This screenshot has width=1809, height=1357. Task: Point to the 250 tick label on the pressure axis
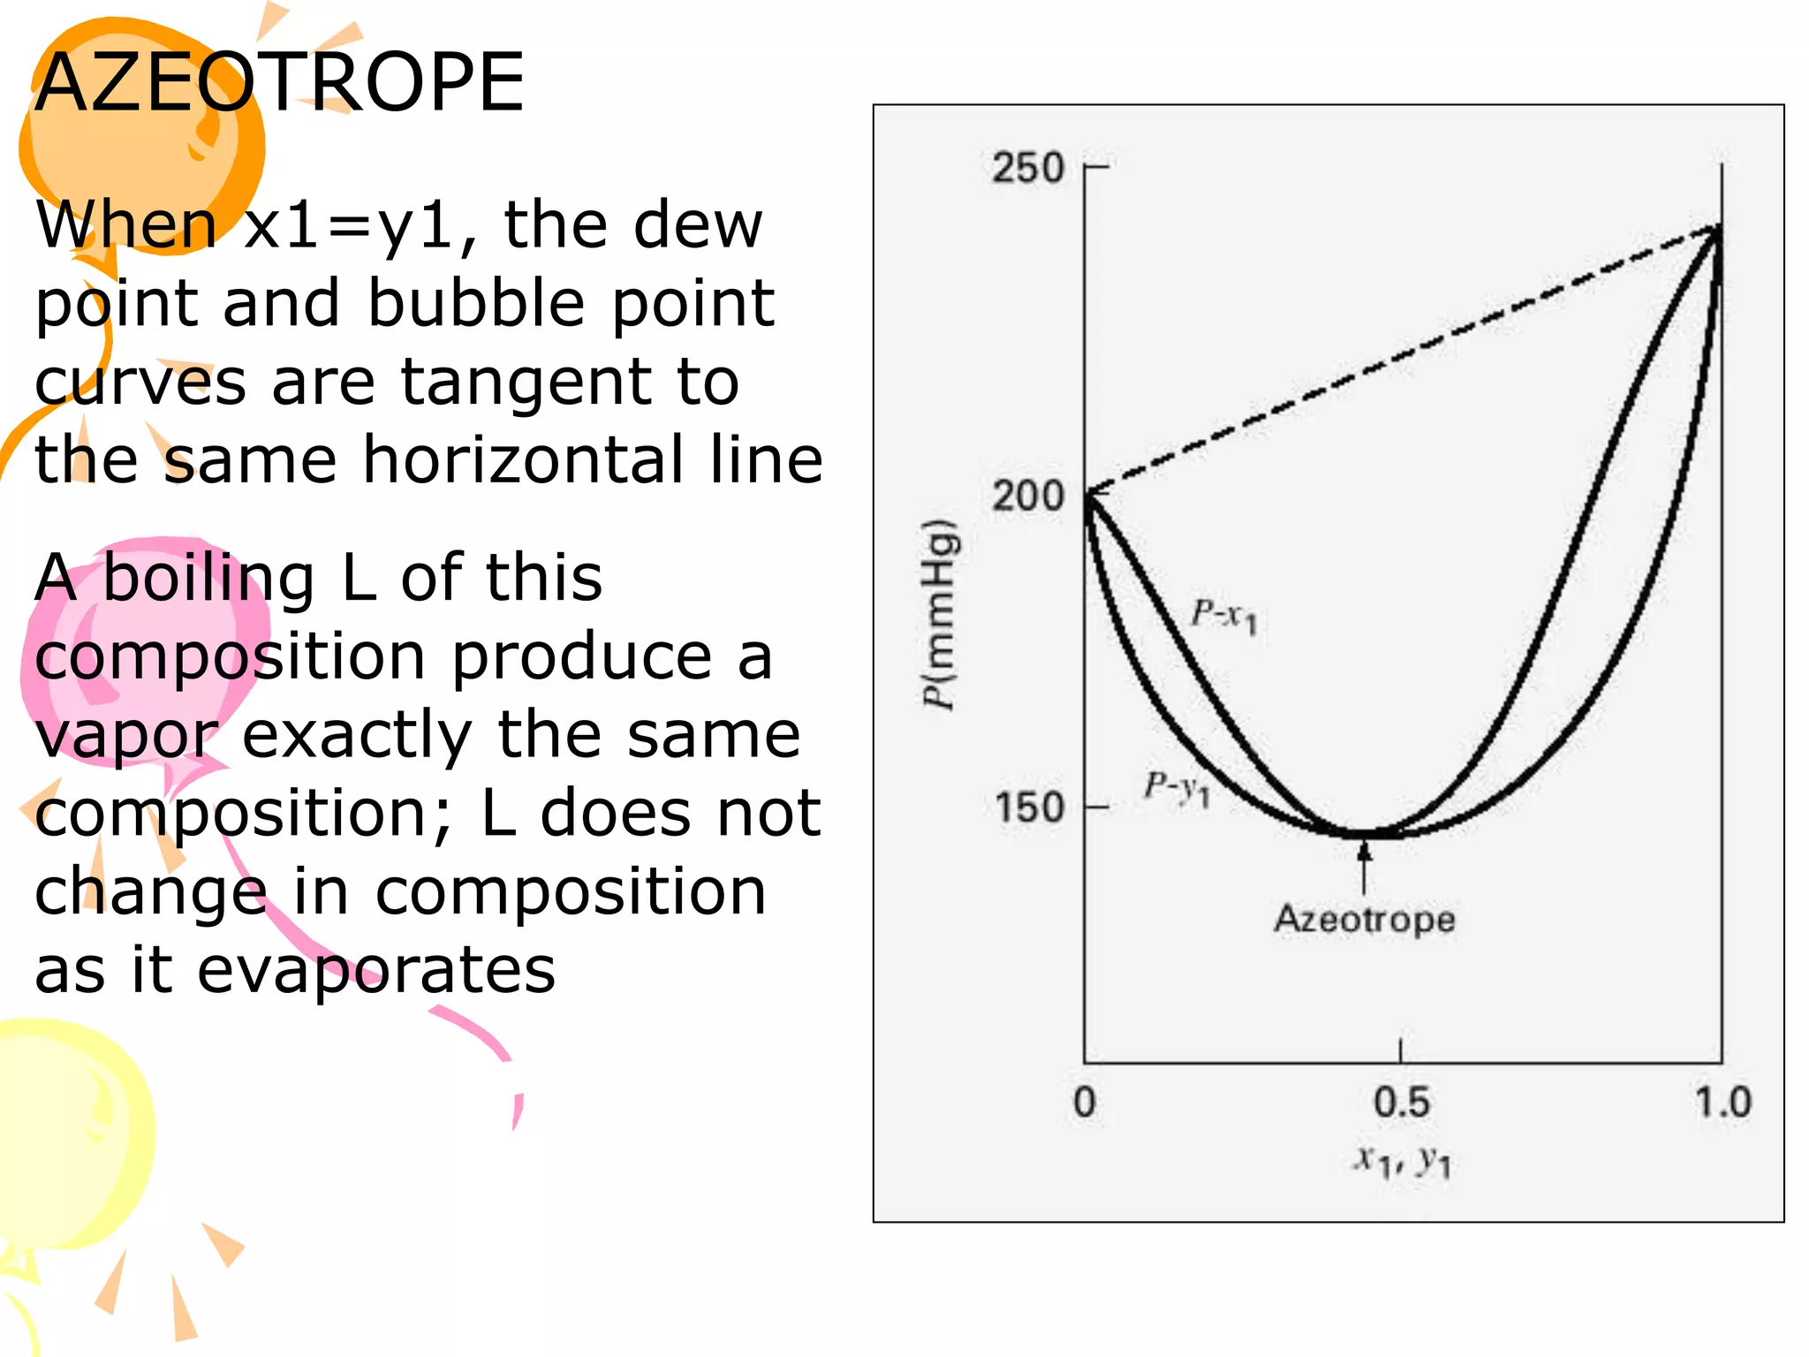point(1027,168)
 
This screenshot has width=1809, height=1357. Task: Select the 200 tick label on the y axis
point(1027,496)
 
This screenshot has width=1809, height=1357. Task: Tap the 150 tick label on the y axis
point(1028,807)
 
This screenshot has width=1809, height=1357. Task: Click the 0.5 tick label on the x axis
point(1401,1103)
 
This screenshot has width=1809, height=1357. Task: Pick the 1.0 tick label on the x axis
point(1722,1103)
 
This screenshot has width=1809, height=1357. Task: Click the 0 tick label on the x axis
point(1085,1103)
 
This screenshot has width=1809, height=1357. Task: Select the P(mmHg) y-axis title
point(939,614)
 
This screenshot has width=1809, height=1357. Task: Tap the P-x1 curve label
point(1223,615)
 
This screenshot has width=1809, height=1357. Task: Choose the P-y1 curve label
point(1177,787)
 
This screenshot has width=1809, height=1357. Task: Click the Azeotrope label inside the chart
point(1364,919)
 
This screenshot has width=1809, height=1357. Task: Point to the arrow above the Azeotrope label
point(1365,866)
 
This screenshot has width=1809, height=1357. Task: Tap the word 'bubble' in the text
point(477,304)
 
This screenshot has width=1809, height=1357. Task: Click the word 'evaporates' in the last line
point(376,970)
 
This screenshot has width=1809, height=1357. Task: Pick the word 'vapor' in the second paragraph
point(125,736)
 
